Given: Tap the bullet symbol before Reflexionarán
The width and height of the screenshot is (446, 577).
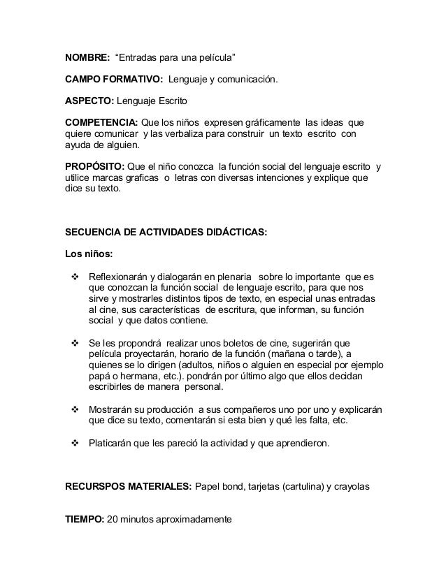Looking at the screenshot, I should point(75,277).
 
